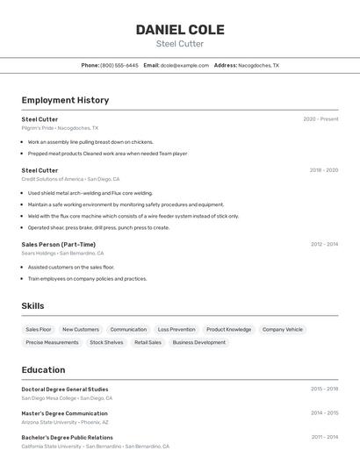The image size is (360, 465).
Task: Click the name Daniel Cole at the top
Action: (x=180, y=30)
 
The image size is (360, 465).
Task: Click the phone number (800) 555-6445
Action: (x=119, y=65)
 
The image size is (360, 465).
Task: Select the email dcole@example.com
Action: (x=184, y=65)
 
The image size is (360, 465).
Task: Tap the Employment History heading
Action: (x=65, y=100)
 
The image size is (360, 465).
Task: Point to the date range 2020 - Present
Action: (x=320, y=118)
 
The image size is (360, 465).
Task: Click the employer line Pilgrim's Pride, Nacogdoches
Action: (x=60, y=127)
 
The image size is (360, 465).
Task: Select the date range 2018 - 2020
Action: (x=323, y=170)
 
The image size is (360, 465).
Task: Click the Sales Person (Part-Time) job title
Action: (x=59, y=244)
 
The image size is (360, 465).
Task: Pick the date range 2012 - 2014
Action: (x=323, y=244)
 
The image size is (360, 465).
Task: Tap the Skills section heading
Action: (x=33, y=305)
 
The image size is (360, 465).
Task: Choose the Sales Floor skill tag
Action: (x=39, y=329)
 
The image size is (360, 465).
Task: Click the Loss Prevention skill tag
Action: (x=176, y=329)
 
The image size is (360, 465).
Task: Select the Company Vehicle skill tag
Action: (x=282, y=329)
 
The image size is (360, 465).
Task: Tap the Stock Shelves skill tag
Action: (x=106, y=342)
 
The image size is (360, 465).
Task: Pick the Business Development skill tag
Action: (x=198, y=342)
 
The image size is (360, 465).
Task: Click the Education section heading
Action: (x=43, y=369)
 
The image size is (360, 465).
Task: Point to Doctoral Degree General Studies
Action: (x=65, y=389)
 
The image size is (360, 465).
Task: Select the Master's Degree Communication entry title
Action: (x=64, y=413)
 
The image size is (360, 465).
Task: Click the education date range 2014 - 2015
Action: (x=324, y=413)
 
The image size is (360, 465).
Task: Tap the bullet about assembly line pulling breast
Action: (x=90, y=141)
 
